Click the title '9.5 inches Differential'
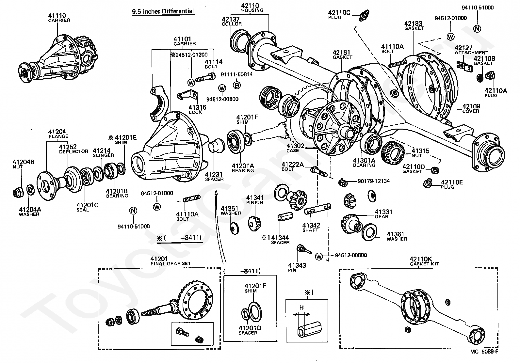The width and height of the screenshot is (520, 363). tap(163, 11)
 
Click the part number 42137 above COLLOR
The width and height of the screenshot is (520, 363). tap(231, 19)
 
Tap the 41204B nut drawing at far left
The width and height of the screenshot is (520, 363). tap(18, 192)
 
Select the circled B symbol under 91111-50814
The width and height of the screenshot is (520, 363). tap(237, 85)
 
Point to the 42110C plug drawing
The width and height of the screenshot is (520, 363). tap(364, 15)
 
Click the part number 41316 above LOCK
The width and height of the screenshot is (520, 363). tap(197, 107)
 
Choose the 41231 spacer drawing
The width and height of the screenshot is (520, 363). tap(216, 146)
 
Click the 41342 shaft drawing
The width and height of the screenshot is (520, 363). tap(317, 209)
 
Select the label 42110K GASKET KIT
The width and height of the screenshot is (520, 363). tap(424, 261)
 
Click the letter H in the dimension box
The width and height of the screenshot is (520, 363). tap(301, 308)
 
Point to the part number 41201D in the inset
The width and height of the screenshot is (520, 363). tap(250, 328)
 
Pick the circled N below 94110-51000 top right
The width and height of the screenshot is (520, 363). tap(477, 29)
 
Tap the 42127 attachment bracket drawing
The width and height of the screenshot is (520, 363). tap(464, 66)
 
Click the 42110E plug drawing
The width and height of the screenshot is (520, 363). tap(427, 183)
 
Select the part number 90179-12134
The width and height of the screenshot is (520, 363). tap(374, 181)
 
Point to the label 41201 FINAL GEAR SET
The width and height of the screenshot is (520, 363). tap(171, 261)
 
